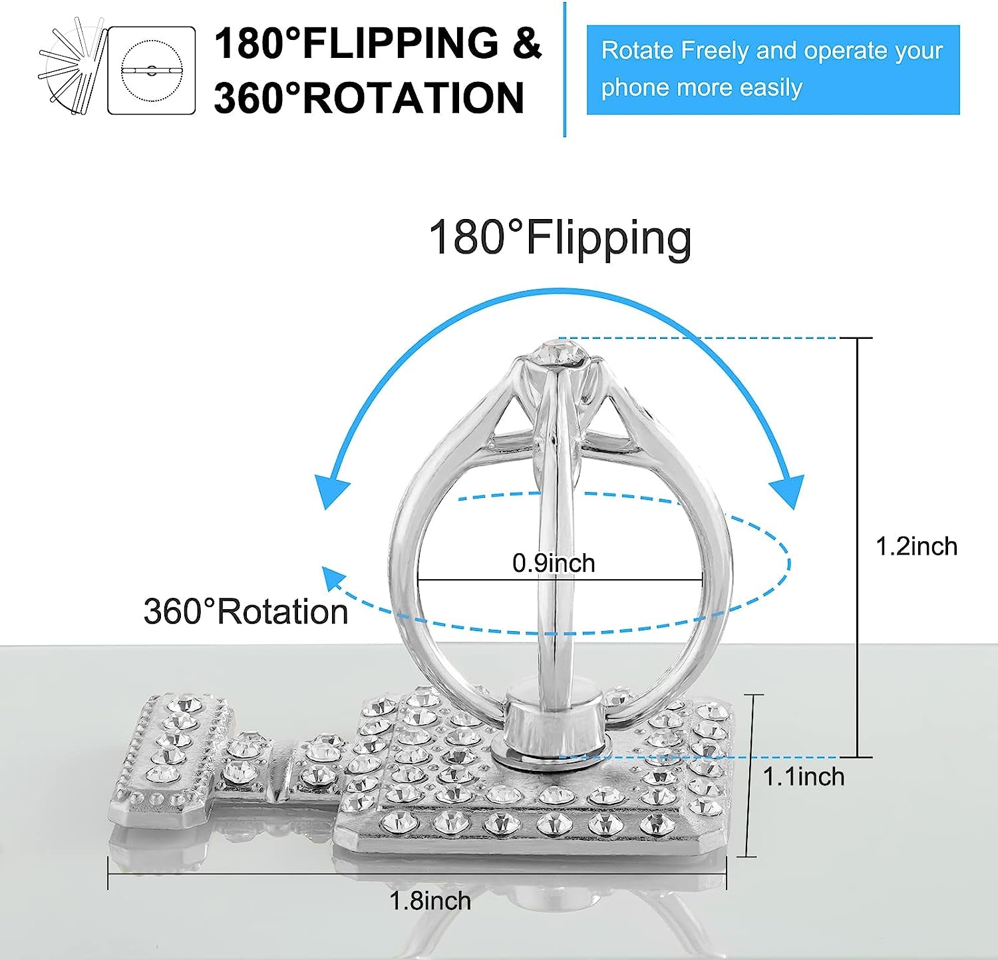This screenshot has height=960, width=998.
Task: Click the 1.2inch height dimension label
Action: [916, 547]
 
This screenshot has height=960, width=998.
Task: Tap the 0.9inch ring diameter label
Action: [554, 563]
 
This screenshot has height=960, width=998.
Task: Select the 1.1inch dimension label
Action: [804, 776]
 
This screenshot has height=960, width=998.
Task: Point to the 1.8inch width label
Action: [430, 901]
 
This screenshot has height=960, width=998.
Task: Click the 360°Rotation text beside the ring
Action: [246, 611]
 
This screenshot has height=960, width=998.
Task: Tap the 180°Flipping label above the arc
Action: [560, 238]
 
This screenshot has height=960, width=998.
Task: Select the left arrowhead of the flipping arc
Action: [331, 491]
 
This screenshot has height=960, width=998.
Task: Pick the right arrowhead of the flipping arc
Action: [788, 491]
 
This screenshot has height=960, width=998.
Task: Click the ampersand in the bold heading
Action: [528, 43]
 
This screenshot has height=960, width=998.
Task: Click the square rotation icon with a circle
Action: [152, 70]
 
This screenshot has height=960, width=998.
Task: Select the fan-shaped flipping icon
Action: [72, 67]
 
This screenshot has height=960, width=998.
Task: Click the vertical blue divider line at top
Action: [565, 69]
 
